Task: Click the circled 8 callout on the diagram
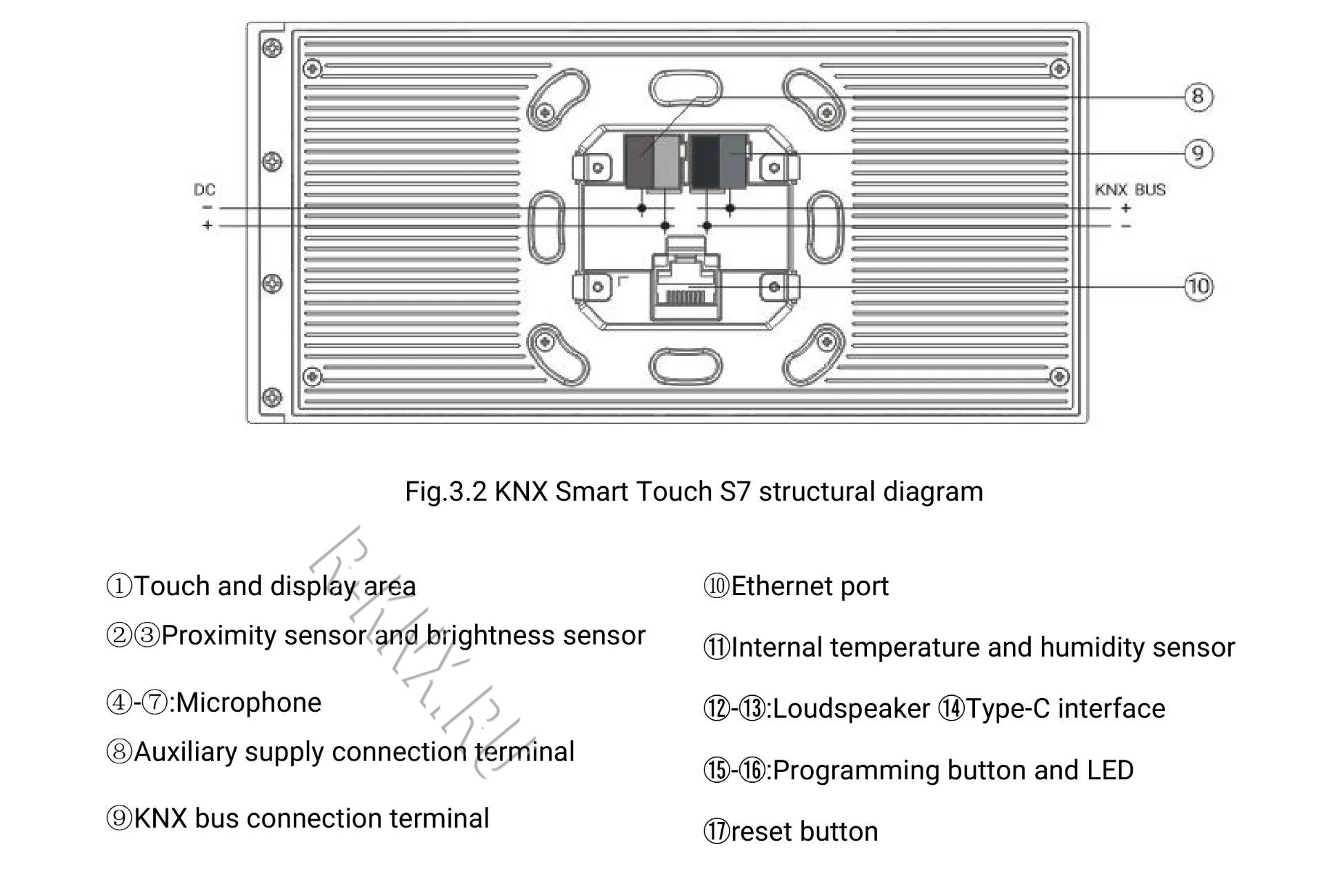1198,97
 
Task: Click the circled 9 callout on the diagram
1198,153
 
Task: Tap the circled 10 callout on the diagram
1198,286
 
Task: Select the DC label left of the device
205,190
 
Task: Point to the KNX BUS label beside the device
1130,190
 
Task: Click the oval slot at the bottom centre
685,366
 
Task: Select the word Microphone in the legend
249,703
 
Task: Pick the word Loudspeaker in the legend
852,709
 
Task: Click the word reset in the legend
762,832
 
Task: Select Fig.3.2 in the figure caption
446,492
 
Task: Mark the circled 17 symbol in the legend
716,832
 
